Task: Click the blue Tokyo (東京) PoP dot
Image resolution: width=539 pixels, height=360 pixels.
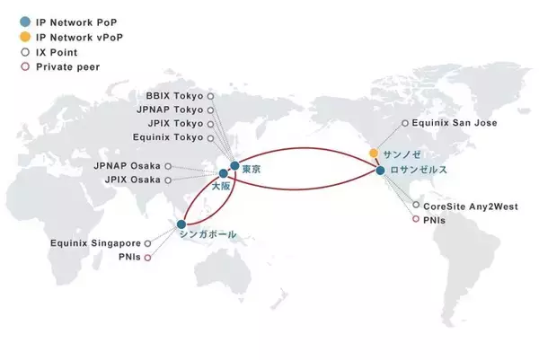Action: coord(234,165)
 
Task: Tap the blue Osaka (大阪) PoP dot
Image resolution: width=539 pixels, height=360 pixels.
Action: coord(224,173)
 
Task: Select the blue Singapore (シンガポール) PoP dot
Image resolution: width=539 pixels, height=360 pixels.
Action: coord(181,224)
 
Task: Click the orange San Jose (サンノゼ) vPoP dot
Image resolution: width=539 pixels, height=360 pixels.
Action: coord(374,153)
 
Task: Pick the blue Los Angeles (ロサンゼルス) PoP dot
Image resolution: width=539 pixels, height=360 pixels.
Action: coord(380,170)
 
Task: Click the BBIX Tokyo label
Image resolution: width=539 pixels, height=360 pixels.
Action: coord(174,96)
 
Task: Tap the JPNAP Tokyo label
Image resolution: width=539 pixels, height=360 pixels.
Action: coord(170,110)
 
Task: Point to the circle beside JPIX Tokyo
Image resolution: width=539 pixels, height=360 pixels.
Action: coord(211,124)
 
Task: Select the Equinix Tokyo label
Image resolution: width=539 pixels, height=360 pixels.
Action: coord(168,137)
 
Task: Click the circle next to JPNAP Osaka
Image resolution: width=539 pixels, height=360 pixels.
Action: coord(168,166)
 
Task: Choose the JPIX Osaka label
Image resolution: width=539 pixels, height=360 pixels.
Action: coord(133,180)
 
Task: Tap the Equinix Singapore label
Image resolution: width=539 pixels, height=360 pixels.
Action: coord(95,243)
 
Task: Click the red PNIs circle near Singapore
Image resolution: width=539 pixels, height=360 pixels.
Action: coord(147,258)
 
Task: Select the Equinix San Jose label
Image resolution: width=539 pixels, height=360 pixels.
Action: coord(455,123)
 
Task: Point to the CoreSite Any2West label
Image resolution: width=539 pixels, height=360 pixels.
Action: coord(471,206)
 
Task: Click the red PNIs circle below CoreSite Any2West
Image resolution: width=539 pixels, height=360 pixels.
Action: coord(416,219)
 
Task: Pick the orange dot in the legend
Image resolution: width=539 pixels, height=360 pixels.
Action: coord(25,37)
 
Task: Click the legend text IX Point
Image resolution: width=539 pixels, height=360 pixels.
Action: coord(57,52)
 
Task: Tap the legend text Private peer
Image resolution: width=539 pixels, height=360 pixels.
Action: coord(68,67)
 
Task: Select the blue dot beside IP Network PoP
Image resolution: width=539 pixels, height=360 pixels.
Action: coord(25,22)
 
